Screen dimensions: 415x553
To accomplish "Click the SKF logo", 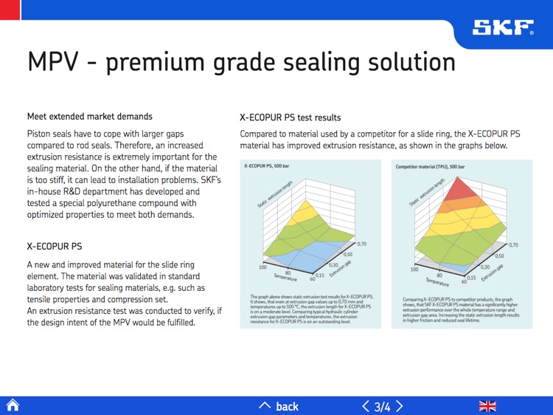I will click(503, 27).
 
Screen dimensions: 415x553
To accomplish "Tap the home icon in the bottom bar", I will click(13, 405).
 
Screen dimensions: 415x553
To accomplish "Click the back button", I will click(279, 405).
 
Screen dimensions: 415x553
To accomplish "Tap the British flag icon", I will click(487, 405).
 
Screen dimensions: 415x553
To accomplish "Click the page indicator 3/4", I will click(382, 406).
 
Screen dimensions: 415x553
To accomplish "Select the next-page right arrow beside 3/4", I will click(400, 405).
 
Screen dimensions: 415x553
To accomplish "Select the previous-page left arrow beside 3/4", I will click(365, 405).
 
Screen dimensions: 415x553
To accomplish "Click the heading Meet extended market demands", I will click(89, 117).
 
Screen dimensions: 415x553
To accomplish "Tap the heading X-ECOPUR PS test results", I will click(290, 117).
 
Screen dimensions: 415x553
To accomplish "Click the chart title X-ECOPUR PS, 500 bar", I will click(271, 167).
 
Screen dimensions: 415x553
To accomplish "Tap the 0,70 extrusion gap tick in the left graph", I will click(362, 243).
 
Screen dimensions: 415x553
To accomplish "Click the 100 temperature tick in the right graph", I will click(414, 270).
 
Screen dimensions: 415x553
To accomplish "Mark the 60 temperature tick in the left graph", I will click(313, 279).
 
